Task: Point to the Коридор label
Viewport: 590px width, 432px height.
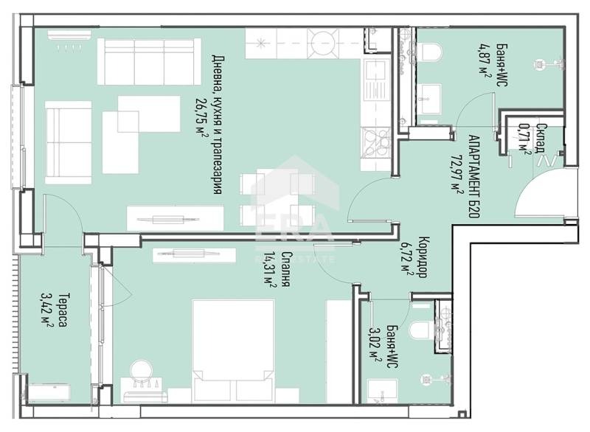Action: click(x=423, y=257)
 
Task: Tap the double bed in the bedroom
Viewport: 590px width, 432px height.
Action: click(x=233, y=351)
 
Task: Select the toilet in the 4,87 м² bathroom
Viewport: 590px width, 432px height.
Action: click(x=431, y=52)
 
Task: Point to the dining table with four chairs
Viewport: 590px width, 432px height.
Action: click(x=277, y=198)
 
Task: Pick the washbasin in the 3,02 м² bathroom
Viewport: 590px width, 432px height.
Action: click(x=382, y=390)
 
